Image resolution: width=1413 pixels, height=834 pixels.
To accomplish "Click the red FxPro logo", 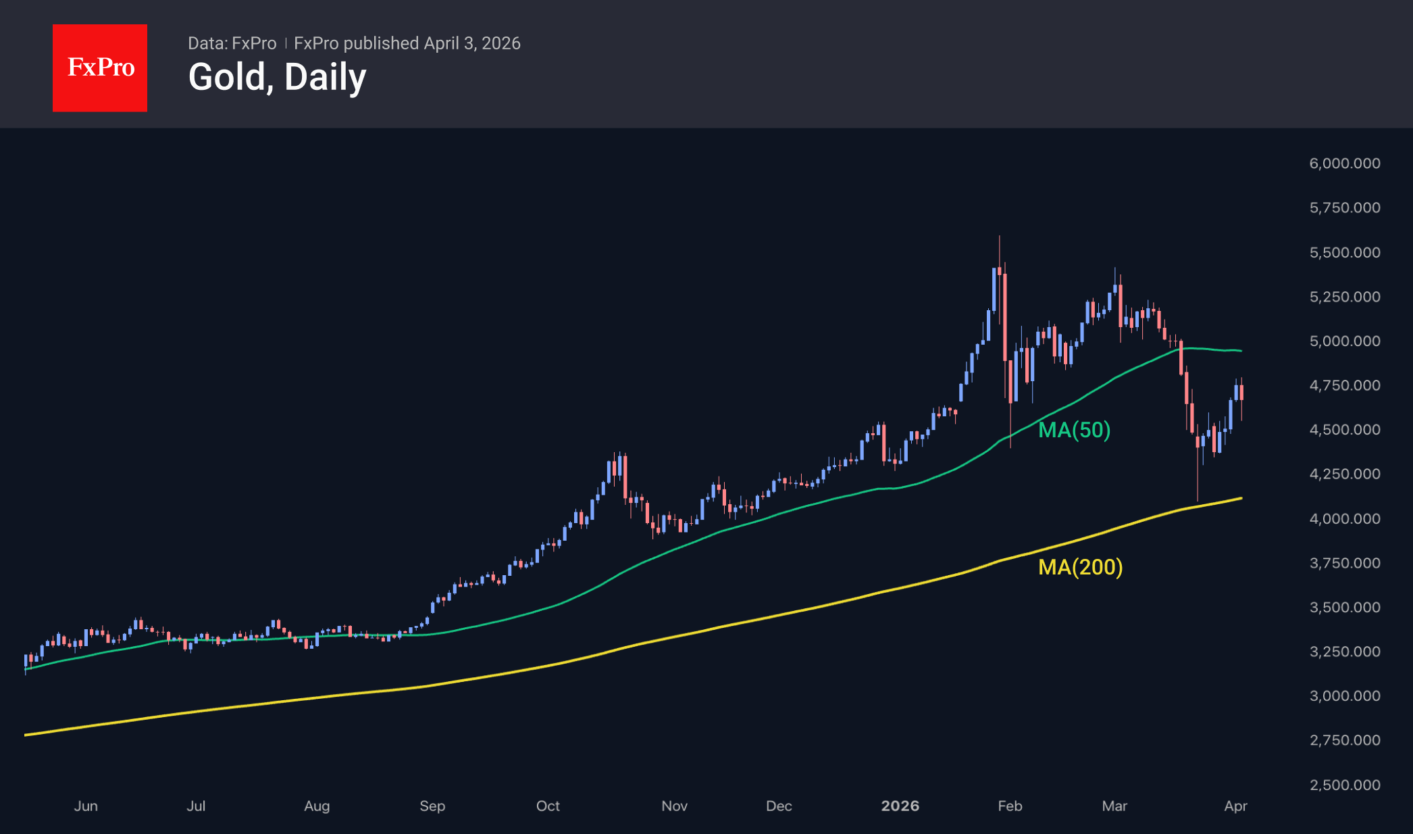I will tap(100, 68).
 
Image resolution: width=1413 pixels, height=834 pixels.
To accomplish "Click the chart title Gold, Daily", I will tap(277, 77).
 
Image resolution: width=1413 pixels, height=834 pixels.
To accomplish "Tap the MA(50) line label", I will tap(1074, 430).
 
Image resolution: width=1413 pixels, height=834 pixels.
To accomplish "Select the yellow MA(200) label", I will tap(1080, 567).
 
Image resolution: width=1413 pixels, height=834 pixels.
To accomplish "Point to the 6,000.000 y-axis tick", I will tap(1344, 164).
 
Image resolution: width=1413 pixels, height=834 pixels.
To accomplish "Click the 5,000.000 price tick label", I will tap(1344, 341).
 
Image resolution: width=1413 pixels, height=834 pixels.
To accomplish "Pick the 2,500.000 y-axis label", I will tap(1344, 785).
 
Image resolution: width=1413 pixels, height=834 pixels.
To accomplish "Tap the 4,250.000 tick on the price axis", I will tap(1344, 474).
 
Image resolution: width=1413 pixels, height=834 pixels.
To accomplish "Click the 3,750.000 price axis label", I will tap(1344, 563).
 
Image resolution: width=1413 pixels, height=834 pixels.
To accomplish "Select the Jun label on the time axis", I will tap(86, 806).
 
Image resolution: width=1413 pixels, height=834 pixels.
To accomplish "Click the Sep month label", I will tap(432, 806).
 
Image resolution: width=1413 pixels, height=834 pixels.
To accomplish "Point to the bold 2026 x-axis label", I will tap(900, 806).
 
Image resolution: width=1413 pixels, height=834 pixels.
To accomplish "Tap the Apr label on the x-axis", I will tap(1235, 806).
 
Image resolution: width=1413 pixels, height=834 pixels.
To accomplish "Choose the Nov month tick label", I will tap(674, 806).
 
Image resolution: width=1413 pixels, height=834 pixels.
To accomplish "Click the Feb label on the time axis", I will tap(1010, 806).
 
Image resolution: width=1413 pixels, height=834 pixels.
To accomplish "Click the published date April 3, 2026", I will tap(472, 43).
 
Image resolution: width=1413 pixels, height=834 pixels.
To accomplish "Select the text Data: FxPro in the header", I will tap(232, 43).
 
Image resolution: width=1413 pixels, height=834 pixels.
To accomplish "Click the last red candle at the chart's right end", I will tap(1241, 393).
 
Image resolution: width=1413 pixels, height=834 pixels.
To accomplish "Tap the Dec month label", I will tap(779, 806).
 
